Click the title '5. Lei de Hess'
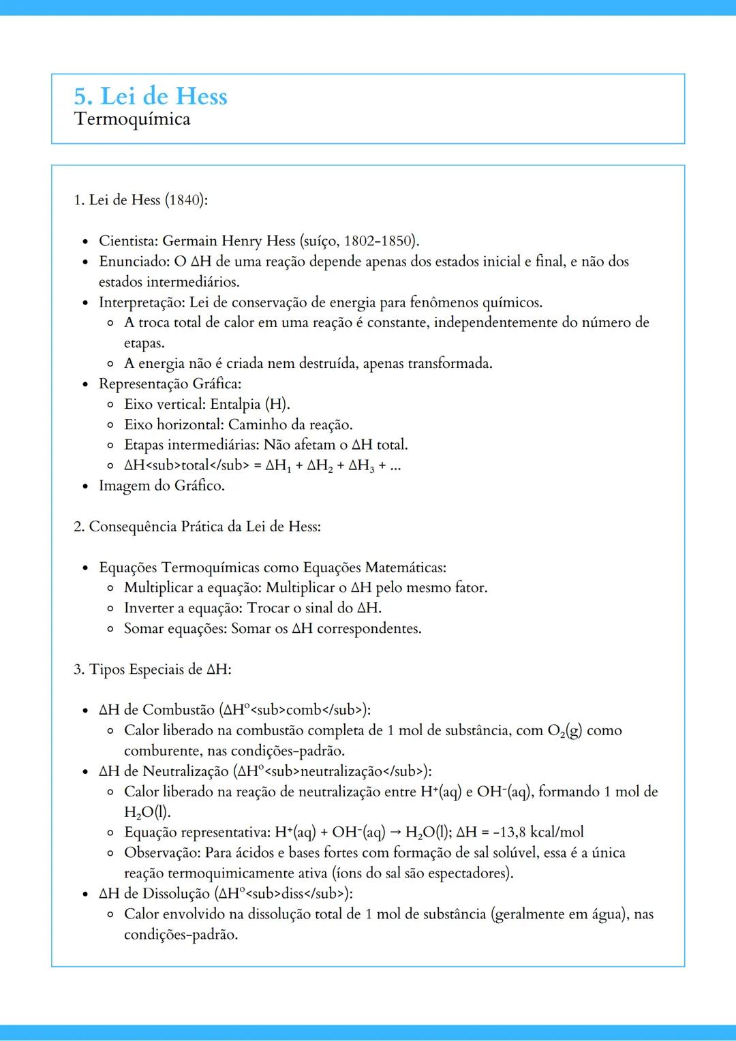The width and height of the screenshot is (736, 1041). [x=151, y=96]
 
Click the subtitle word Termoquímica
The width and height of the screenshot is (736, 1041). [x=132, y=119]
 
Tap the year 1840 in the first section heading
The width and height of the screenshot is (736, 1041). [x=184, y=200]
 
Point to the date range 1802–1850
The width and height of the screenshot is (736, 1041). [x=380, y=241]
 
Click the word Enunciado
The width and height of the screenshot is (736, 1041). [x=133, y=262]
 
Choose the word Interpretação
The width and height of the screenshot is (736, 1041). [x=140, y=302]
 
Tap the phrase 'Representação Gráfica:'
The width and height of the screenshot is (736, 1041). [x=170, y=384]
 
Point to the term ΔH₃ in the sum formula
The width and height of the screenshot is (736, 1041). [x=361, y=466]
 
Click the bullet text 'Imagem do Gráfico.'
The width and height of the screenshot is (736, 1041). [x=162, y=486]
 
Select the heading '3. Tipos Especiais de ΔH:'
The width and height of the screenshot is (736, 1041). [x=153, y=670]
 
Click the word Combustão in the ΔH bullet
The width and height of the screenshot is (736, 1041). [x=179, y=710]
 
